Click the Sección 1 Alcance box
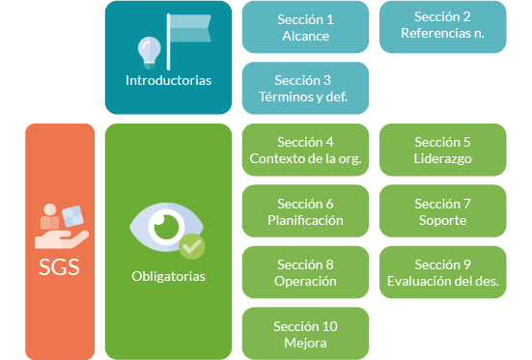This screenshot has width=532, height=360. (305, 27)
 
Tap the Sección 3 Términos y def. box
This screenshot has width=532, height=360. (305, 88)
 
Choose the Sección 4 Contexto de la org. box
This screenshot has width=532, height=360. (305, 150)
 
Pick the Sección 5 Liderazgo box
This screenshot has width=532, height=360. (442, 150)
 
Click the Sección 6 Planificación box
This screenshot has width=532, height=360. (305, 211)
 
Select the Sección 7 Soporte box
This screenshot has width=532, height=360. (442, 211)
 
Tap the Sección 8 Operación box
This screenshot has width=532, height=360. (305, 272)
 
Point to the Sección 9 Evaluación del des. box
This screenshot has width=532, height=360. (442, 272)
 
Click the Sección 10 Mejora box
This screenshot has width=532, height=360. (305, 333)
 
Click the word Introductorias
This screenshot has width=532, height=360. (168, 80)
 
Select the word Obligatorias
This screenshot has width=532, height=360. (168, 276)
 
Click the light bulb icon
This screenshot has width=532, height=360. (149, 47)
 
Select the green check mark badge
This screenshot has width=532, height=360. (193, 246)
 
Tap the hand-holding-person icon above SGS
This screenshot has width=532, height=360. (60, 224)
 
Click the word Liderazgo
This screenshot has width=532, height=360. (442, 158)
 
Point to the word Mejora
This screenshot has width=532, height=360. (305, 342)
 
